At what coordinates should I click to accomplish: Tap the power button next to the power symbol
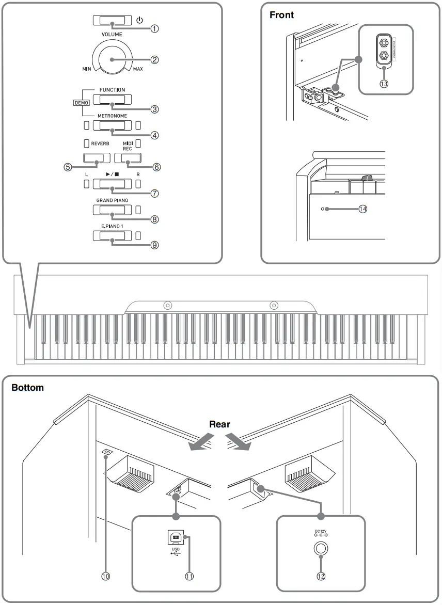click(112, 20)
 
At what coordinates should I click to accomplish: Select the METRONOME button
click(112, 125)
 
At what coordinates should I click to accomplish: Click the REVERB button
click(97, 157)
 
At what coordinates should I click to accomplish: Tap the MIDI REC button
click(128, 157)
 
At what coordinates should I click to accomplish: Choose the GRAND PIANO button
click(112, 210)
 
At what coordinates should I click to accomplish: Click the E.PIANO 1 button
click(112, 236)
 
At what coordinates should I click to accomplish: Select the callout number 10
click(107, 576)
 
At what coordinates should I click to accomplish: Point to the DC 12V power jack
click(321, 550)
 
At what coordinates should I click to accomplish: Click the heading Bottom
click(28, 387)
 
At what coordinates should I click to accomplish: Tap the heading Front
click(282, 15)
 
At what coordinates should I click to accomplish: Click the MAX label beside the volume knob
click(138, 69)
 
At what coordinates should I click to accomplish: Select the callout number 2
click(154, 59)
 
